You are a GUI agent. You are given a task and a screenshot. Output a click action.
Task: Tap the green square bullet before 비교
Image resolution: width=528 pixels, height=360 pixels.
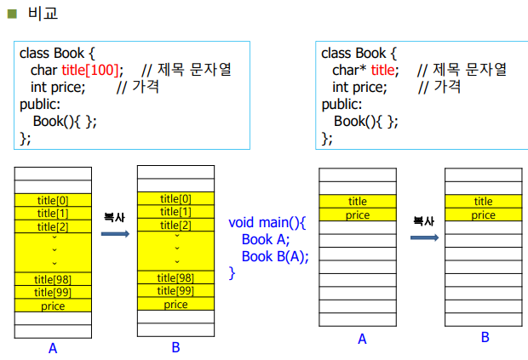pyautogui.click(x=12, y=13)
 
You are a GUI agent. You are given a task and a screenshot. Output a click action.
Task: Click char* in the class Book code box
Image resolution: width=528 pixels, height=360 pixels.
pyautogui.click(x=350, y=70)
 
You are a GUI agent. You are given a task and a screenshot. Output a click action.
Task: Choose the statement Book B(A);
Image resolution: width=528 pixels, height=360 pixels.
pyautogui.click(x=275, y=256)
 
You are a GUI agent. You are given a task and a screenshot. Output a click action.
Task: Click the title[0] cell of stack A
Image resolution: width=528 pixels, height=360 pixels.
pyautogui.click(x=52, y=200)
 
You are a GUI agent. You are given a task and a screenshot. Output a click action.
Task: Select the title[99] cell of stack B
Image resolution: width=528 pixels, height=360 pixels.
pyautogui.click(x=175, y=291)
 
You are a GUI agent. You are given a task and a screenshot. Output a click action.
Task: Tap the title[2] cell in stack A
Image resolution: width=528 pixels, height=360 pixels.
pyautogui.click(x=52, y=226)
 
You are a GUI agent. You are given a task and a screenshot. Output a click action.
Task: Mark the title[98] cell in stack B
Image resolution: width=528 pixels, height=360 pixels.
pyautogui.click(x=175, y=278)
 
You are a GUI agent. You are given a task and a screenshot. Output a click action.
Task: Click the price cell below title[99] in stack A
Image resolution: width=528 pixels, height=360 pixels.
pyautogui.click(x=52, y=306)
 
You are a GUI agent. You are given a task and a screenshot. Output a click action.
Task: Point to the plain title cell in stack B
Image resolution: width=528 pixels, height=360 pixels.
pyautogui.click(x=483, y=202)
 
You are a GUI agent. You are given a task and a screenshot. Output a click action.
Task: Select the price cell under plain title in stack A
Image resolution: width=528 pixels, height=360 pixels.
pyautogui.click(x=358, y=215)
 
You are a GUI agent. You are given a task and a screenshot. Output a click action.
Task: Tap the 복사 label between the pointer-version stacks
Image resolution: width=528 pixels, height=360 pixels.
pyautogui.click(x=423, y=220)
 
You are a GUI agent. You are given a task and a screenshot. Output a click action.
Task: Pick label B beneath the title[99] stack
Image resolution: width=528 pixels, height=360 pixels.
pyautogui.click(x=175, y=346)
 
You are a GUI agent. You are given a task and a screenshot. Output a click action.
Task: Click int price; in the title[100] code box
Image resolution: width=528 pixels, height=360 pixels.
pyautogui.click(x=58, y=86)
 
